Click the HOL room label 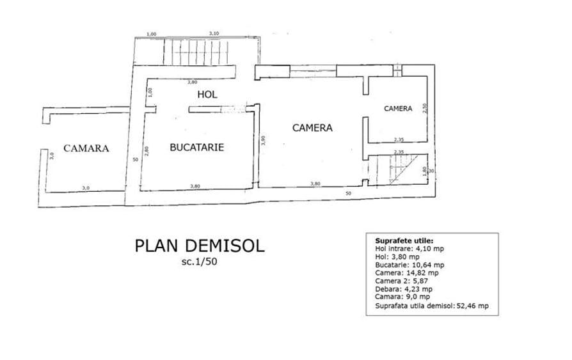coord(207,95)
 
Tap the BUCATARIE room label coord(197,147)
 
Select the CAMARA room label coord(86,148)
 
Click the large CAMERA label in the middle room coord(312,128)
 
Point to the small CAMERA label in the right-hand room coord(398,109)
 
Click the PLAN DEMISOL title coord(200,246)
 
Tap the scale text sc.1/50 coord(199,262)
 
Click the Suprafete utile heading coord(404,240)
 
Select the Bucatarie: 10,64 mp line coord(409,265)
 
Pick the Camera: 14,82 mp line coord(407,273)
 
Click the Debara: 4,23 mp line coord(404,289)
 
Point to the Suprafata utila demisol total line coord(432,306)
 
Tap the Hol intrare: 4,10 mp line coord(409,249)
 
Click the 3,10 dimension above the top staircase coord(214,33)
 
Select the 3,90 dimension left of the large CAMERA coord(263,141)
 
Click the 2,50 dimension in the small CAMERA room coord(425,108)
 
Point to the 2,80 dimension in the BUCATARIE coord(147,151)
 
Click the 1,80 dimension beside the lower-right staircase coord(424,171)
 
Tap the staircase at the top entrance coord(196,52)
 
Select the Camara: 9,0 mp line coord(402,297)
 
